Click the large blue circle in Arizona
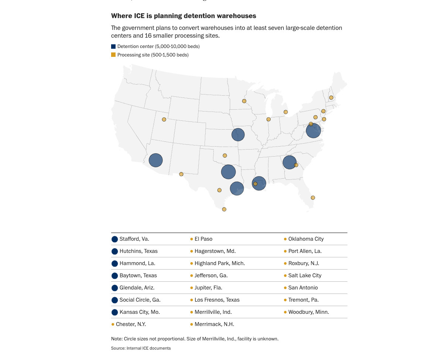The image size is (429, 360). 156,160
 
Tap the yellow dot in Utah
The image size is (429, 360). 164,119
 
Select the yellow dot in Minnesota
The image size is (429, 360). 244,101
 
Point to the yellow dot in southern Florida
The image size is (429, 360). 313,198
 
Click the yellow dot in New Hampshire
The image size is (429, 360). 331,97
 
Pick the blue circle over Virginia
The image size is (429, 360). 313,131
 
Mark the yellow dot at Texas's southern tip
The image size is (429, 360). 224,209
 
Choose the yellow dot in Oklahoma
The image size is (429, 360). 224,155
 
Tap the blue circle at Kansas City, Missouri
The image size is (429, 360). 238,134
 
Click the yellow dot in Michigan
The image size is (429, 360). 285,112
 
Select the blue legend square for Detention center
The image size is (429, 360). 113,47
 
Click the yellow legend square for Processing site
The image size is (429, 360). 113,55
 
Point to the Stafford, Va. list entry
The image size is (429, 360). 134,239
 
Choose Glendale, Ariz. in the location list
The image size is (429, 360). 137,288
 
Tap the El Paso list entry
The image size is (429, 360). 203,239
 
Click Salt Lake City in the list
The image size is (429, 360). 305,275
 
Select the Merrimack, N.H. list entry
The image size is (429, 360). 214,324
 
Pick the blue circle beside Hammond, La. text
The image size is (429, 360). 114,264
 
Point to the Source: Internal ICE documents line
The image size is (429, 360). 141,348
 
